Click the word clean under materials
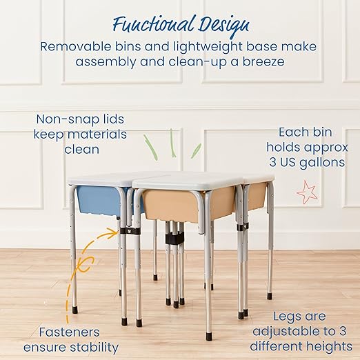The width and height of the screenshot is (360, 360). click(x=81, y=149)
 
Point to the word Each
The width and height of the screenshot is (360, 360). click(x=292, y=131)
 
